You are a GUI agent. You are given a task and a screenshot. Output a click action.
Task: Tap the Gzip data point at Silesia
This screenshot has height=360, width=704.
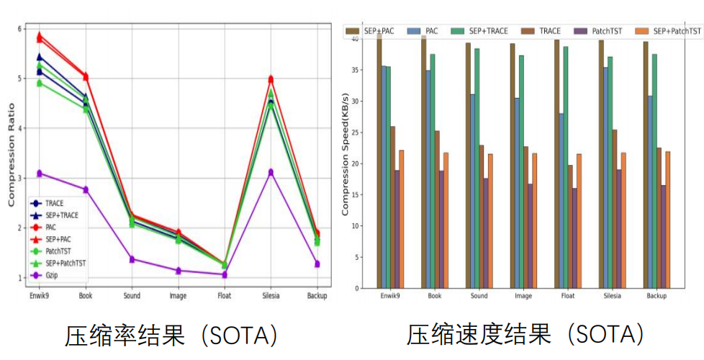(271, 172)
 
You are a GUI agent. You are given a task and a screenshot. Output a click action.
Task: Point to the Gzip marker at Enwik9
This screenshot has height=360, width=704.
(40, 174)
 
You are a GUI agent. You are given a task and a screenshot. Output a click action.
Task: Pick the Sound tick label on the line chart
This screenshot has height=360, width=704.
(132, 295)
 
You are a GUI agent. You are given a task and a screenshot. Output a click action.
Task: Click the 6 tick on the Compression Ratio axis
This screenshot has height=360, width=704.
(20, 28)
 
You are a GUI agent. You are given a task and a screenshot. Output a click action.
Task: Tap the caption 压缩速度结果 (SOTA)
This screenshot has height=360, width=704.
(525, 335)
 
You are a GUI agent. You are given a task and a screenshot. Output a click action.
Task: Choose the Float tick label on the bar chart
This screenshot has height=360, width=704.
(567, 296)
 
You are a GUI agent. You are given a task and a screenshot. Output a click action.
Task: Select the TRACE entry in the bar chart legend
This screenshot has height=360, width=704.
(549, 31)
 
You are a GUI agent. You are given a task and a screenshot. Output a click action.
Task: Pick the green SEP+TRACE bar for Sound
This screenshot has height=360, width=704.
(477, 168)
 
